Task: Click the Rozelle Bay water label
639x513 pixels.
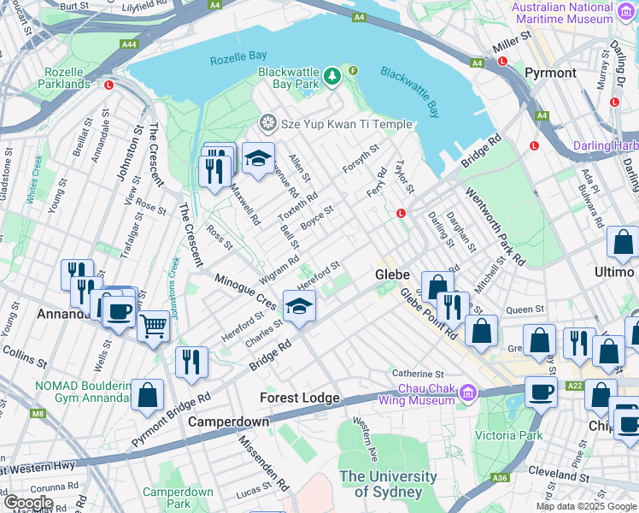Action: point(239,57)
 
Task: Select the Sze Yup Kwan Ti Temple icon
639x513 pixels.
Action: point(268,124)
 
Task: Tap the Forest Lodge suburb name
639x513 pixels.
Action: point(300,398)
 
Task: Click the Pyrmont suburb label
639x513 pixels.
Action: point(550,73)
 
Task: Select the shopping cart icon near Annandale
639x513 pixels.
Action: point(153,325)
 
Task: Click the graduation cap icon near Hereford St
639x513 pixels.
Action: point(299,306)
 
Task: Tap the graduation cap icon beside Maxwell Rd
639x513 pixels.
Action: point(258,157)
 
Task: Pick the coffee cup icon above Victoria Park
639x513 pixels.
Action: point(540,392)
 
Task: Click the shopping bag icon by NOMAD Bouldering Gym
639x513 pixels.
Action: point(147,395)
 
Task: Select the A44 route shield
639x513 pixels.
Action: point(129,44)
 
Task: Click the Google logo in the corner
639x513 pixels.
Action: point(28,503)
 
